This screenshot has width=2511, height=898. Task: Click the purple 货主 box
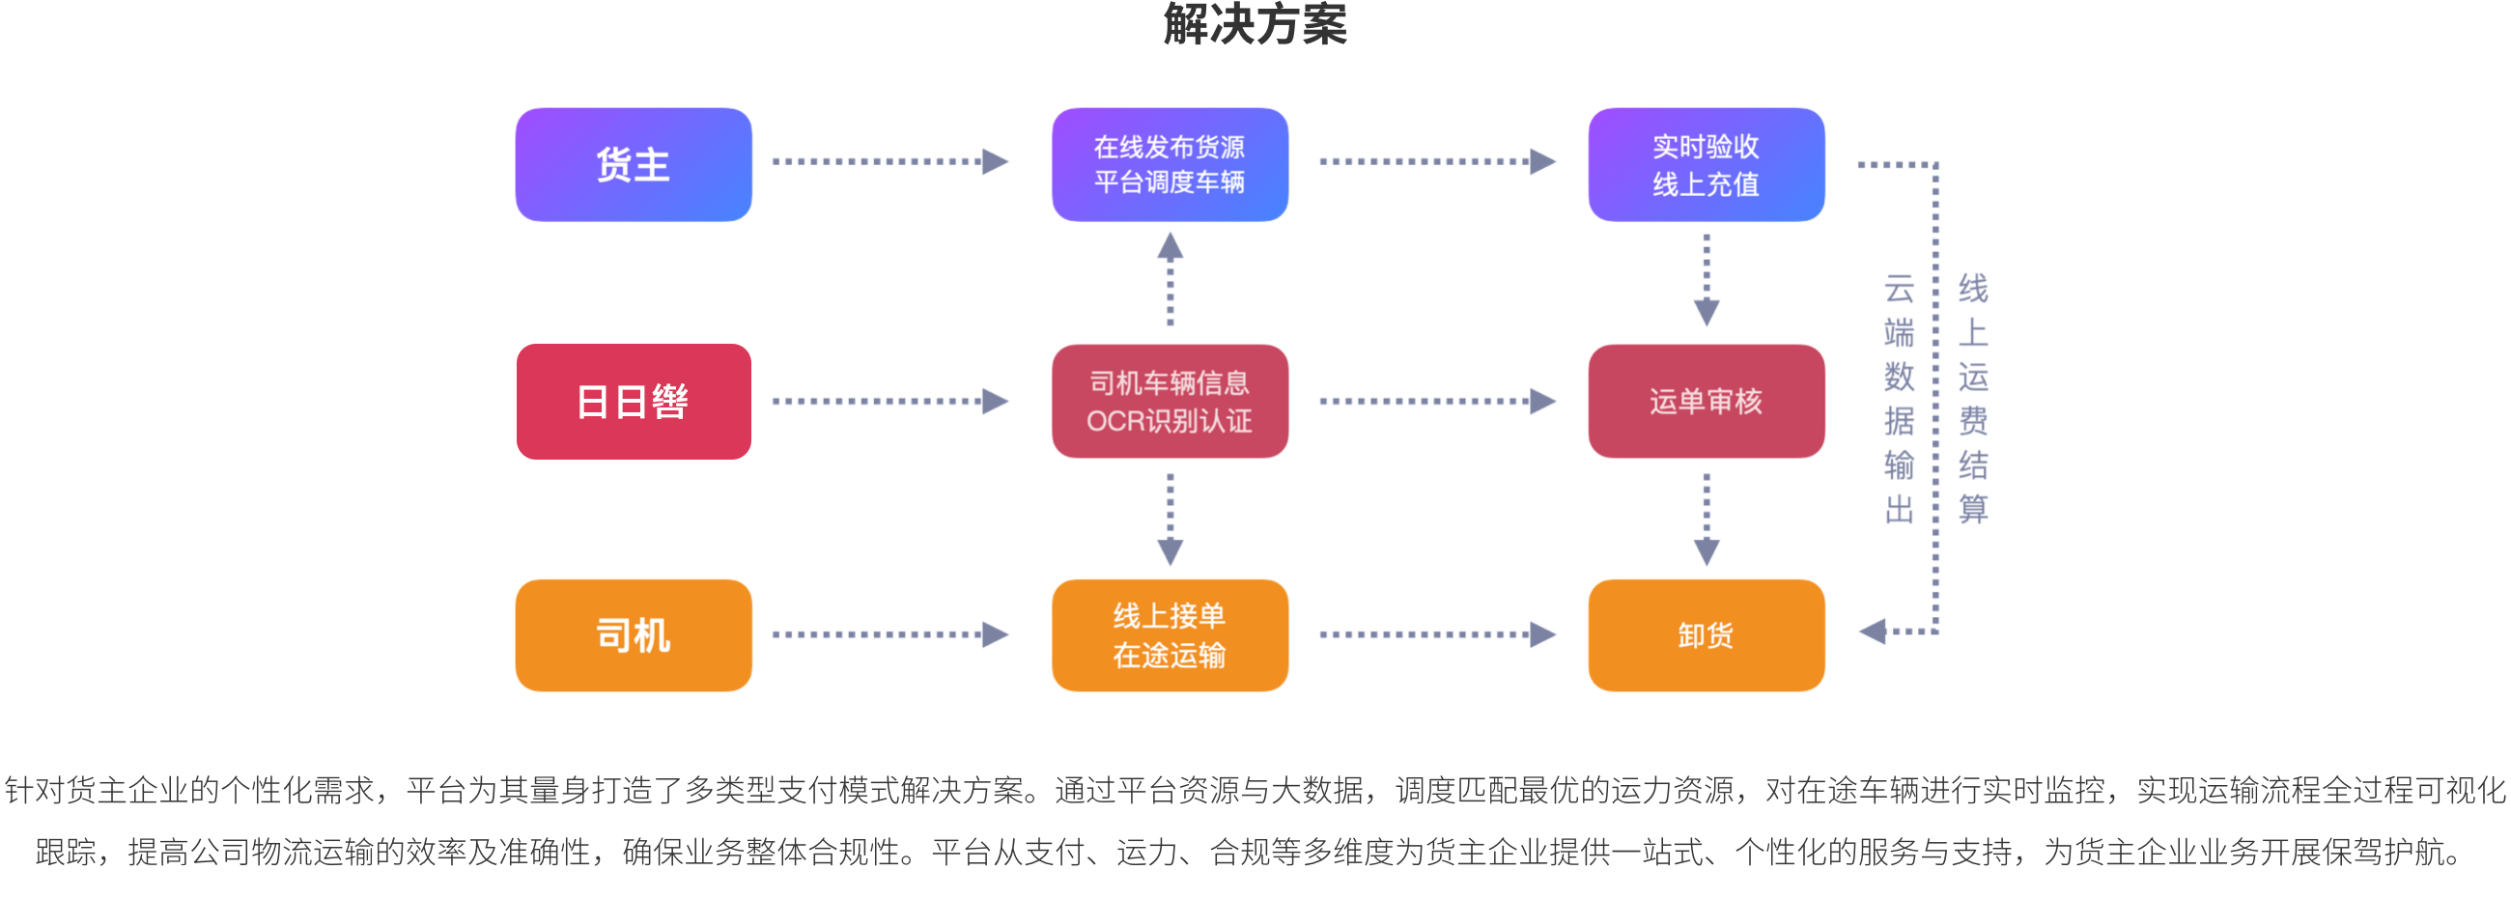coord(633,164)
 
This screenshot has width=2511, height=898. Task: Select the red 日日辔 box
coord(633,401)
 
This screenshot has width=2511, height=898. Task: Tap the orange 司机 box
coord(633,634)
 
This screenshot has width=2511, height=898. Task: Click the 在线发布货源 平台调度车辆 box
coord(1169,164)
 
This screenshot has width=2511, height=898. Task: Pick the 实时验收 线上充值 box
coord(1705,164)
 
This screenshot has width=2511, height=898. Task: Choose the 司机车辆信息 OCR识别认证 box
coord(1169,401)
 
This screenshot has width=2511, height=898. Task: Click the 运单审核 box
coord(1705,401)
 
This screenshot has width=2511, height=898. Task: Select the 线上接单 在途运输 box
coord(1169,634)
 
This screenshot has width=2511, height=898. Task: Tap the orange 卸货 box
coord(1705,634)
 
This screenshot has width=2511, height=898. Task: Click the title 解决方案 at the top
coord(1255,23)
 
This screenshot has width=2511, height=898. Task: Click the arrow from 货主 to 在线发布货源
coord(889,161)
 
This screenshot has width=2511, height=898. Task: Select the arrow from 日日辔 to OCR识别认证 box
coord(889,401)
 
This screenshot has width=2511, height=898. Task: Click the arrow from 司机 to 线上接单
coord(889,634)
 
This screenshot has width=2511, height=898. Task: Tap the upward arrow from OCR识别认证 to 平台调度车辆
coord(1170,278)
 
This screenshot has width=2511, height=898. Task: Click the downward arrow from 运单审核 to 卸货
coord(1706,519)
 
